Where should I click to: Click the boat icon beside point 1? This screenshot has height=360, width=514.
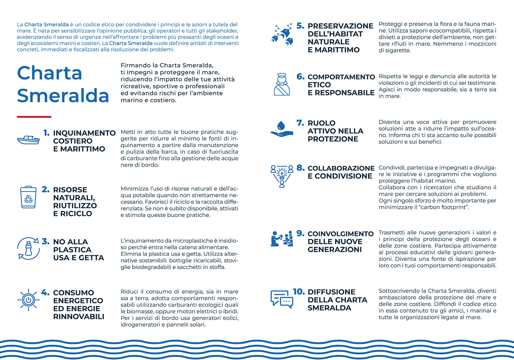pos(28,140)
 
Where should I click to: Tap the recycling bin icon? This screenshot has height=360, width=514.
pos(28,197)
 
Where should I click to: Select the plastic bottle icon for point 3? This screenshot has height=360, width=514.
pos(28,248)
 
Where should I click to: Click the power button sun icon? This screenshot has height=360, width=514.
pos(28,300)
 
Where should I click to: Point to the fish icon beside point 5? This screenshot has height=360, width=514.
pos(282,35)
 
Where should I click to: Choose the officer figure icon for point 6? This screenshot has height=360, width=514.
pos(282,84)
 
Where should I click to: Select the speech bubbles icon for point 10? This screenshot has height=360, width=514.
pos(282,299)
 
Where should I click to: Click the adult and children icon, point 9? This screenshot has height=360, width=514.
pos(282,239)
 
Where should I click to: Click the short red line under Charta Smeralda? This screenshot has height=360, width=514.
pos(34,117)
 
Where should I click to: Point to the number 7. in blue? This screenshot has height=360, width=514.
pos(300,123)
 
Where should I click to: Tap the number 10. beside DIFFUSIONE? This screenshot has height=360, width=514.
pos(299,292)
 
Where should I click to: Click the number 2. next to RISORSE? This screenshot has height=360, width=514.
pos(46,189)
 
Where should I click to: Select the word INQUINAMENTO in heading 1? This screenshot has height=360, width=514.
pos(84,133)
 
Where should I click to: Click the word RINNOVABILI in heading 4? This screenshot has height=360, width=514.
pos(79,316)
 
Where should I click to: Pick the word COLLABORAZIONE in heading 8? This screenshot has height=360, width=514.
pos(341,168)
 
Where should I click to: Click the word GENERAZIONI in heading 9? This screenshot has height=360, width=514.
pos(335,250)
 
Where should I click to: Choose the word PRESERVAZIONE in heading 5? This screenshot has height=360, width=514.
pos(340,26)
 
